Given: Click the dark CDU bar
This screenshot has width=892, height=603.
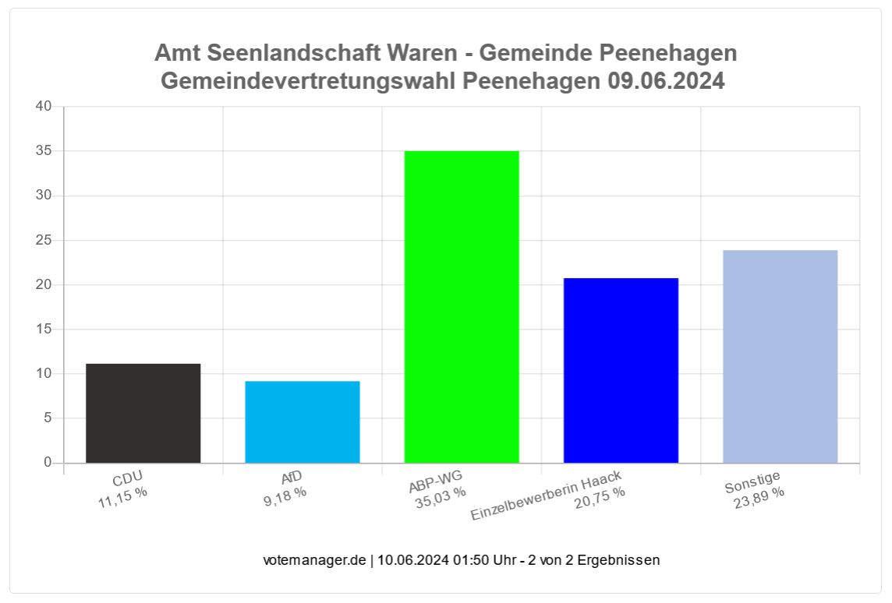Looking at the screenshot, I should (x=143, y=413).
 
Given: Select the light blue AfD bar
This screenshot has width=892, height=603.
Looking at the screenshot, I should (x=303, y=421).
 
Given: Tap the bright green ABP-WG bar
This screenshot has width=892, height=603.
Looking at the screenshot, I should (x=462, y=306).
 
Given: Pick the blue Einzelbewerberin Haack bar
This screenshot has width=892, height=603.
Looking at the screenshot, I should (x=621, y=370).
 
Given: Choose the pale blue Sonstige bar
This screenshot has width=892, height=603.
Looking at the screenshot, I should (x=780, y=356).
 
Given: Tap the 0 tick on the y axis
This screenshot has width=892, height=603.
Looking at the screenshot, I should (x=48, y=463).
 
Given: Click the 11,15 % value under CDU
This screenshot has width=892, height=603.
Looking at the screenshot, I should (x=122, y=497).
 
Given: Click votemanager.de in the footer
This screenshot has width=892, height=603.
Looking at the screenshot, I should (x=314, y=560).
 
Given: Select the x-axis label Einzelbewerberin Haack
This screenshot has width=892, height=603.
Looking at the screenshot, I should (x=547, y=496).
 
